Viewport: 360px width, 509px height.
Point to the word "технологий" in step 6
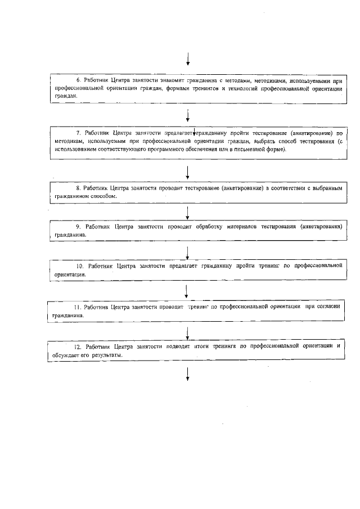coord(237,88)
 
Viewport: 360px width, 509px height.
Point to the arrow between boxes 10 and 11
coord(187,290)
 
